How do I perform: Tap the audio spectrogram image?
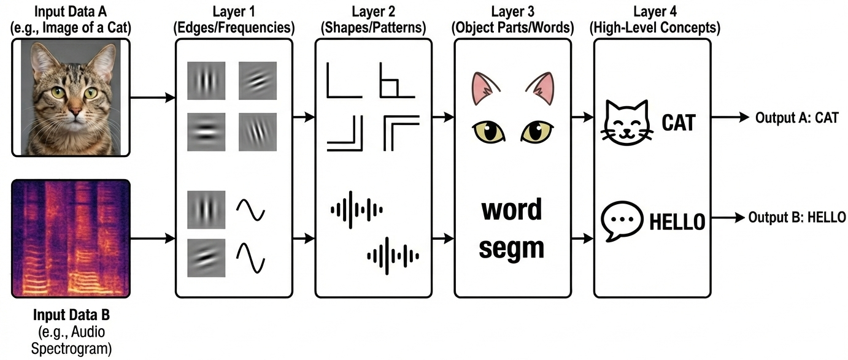click(71, 239)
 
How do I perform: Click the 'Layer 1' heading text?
click(234, 12)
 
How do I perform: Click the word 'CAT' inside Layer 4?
click(678, 124)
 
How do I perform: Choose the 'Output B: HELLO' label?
click(797, 217)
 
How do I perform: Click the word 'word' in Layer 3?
click(512, 210)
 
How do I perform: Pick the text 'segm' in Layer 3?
click(512, 247)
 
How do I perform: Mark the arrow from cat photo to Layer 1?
click(154, 98)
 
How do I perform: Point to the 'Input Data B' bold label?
click(72, 316)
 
